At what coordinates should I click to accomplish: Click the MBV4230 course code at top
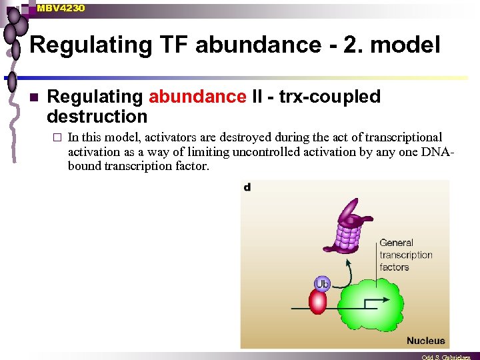click(61, 7)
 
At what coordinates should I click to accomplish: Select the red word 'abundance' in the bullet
click(197, 97)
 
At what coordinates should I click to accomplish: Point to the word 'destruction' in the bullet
click(97, 117)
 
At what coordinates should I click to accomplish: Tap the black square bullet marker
click(33, 97)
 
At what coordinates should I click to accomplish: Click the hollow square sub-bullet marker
click(58, 138)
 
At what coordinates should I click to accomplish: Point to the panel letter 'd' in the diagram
click(247, 188)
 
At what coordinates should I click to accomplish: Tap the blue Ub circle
click(322, 284)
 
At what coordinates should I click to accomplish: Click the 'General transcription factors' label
click(405, 255)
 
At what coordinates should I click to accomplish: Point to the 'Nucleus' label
click(425, 340)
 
